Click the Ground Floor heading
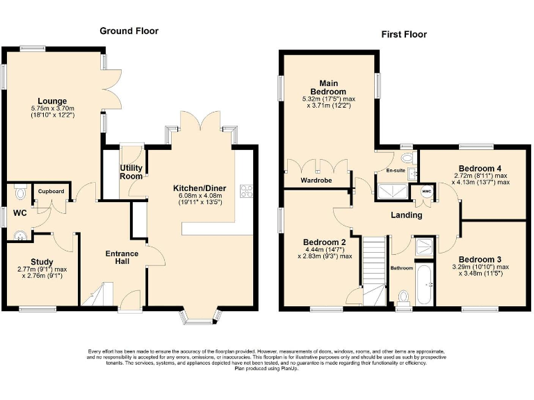129,31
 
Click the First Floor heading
403,34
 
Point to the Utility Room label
131,172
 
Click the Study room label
42,262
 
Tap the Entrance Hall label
122,258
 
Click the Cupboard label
51,191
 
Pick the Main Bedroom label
328,87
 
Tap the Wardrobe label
315,181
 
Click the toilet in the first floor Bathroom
403,297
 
